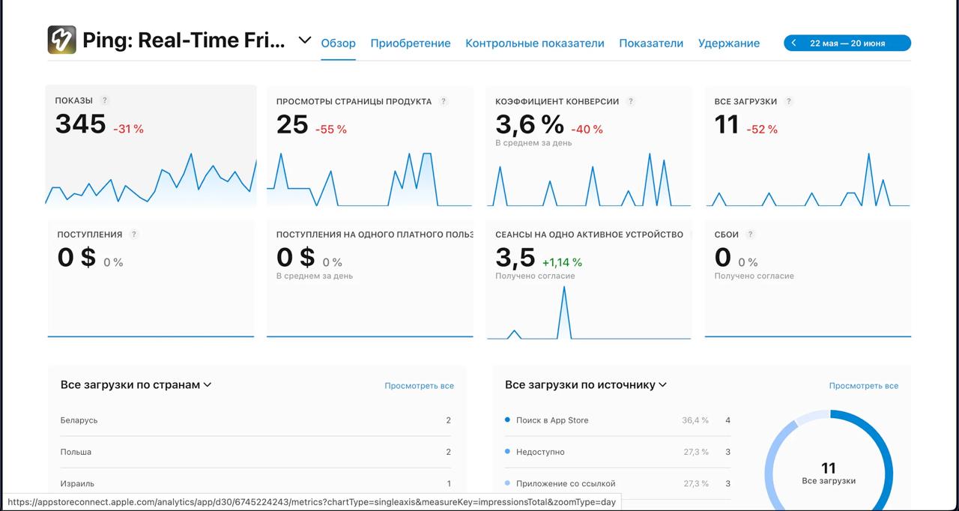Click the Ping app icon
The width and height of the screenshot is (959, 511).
pyautogui.click(x=61, y=40)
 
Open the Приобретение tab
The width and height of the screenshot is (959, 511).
pyautogui.click(x=410, y=43)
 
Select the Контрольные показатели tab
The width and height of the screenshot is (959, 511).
pyautogui.click(x=534, y=43)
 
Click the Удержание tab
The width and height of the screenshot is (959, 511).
pyautogui.click(x=728, y=43)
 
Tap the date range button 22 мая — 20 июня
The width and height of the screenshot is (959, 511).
pyautogui.click(x=847, y=43)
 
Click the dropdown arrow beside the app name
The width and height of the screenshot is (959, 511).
pyautogui.click(x=304, y=40)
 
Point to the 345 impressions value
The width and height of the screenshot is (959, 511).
pyautogui.click(x=80, y=124)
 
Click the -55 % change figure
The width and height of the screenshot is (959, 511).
pyautogui.click(x=330, y=130)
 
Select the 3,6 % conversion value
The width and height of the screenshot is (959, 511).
pyautogui.click(x=529, y=124)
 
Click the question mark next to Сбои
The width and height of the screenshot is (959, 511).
pyautogui.click(x=750, y=235)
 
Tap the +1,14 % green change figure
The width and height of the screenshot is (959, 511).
pyautogui.click(x=562, y=263)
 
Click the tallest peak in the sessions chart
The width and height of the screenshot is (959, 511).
pyautogui.click(x=564, y=288)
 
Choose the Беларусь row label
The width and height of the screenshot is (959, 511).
pyautogui.click(x=79, y=420)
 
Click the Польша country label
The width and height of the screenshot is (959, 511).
pyautogui.click(x=76, y=452)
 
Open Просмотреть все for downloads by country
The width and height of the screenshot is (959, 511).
pyautogui.click(x=419, y=386)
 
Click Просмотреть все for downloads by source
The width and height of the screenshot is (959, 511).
pyautogui.click(x=863, y=386)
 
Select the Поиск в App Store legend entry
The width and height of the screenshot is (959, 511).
pyautogui.click(x=552, y=420)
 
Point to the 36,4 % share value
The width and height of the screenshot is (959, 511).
pyautogui.click(x=695, y=420)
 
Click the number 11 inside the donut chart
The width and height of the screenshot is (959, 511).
pyautogui.click(x=828, y=468)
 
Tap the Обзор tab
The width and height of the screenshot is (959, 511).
pyautogui.click(x=338, y=43)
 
